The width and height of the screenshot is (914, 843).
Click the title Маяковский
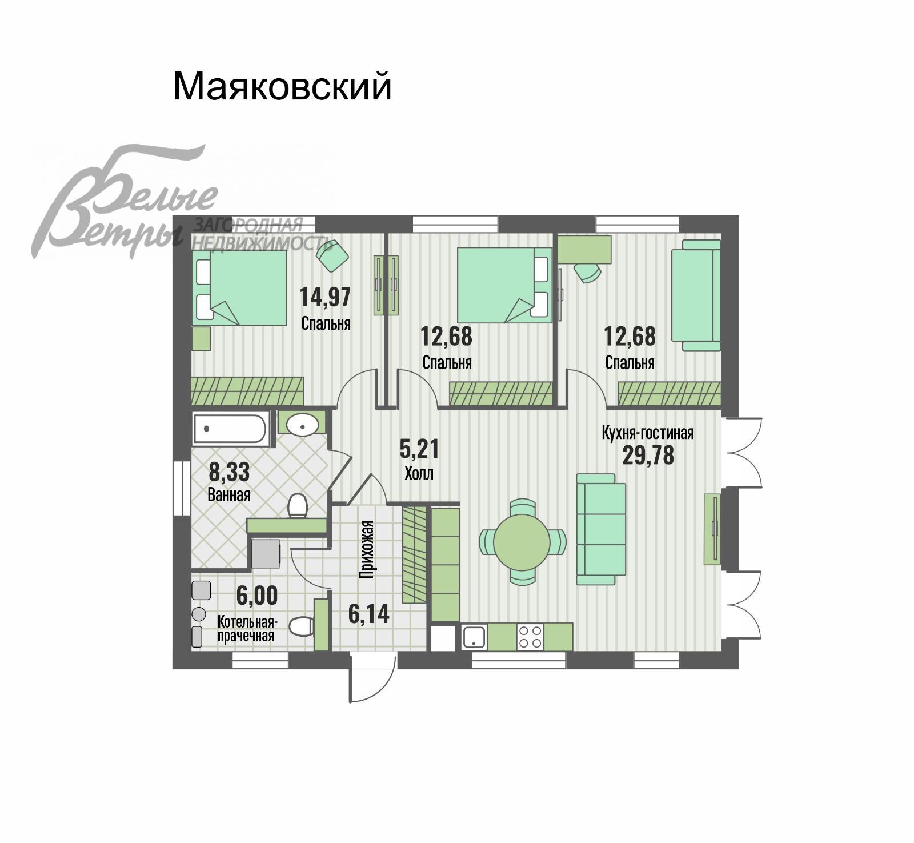(282, 86)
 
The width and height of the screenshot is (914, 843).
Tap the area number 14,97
(325, 297)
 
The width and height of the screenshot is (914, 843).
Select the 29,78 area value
(648, 455)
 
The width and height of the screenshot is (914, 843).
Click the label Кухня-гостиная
(648, 433)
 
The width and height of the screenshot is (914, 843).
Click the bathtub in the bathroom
(230, 429)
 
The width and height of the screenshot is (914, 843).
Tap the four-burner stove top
(530, 636)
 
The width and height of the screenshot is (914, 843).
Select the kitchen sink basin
(474, 636)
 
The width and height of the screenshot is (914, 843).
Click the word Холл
(419, 473)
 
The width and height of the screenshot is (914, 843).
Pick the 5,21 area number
(419, 449)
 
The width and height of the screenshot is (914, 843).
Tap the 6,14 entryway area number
(368, 614)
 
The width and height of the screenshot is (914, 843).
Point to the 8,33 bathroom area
(229, 472)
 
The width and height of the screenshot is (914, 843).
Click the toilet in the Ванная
(298, 505)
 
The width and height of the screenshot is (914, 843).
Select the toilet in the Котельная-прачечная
(301, 626)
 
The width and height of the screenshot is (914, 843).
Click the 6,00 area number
(257, 596)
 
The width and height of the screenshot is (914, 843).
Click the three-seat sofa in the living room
(601, 529)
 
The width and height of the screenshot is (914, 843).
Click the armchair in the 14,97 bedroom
(332, 256)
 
